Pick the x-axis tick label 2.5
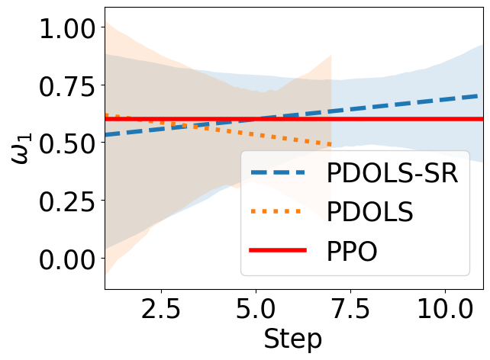pyautogui.click(x=161, y=313)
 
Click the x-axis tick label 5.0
pyautogui.click(x=256, y=313)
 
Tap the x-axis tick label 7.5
pyautogui.click(x=350, y=313)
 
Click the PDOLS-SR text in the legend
pyautogui.click(x=392, y=173)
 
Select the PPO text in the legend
pyautogui.click(x=352, y=251)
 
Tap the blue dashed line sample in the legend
pyautogui.click(x=279, y=173)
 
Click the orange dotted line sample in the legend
pyautogui.click(x=279, y=212)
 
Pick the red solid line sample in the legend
pyautogui.click(x=279, y=251)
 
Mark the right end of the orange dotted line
pyautogui.click(x=331, y=144)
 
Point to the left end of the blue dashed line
pyautogui.click(x=105, y=135)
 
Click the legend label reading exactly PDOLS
pyautogui.click(x=370, y=212)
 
